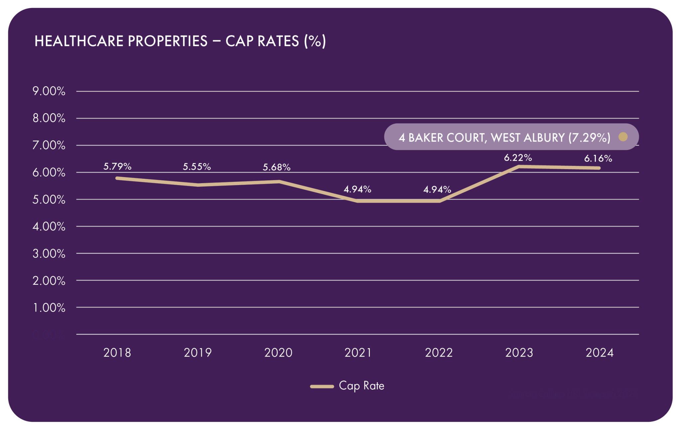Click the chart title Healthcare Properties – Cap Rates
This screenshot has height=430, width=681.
coord(180,41)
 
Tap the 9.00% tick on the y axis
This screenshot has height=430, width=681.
coord(49,91)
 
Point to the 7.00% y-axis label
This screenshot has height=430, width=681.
coord(49,145)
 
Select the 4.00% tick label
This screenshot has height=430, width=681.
coord(49,226)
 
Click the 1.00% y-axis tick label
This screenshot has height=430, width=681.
coord(49,307)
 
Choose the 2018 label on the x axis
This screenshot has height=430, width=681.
coord(117,353)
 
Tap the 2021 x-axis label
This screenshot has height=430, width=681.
coord(358,353)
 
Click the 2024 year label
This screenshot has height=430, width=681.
coord(600,353)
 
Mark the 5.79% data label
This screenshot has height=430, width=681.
coord(117,166)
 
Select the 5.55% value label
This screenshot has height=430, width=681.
coord(197,167)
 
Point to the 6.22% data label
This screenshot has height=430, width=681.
coord(518,158)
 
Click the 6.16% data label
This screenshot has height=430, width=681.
coord(598,159)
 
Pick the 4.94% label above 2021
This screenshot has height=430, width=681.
coord(357,189)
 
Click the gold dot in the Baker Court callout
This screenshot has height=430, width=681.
coord(623,137)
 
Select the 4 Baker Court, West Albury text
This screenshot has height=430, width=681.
coord(504,138)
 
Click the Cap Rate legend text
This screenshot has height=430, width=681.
coord(361,386)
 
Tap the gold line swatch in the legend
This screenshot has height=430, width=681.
coord(322,386)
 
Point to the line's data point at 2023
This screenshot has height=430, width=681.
coord(519,166)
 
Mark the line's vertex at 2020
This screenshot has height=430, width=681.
coord(279,181)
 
